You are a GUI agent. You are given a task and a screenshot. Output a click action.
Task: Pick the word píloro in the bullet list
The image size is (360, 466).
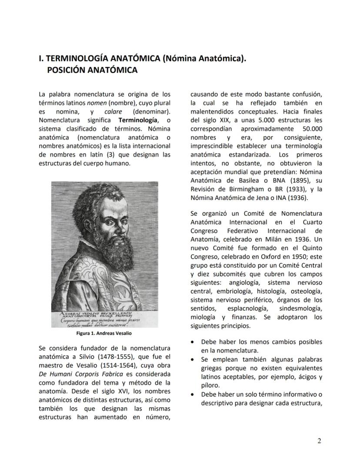coord(210,385)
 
